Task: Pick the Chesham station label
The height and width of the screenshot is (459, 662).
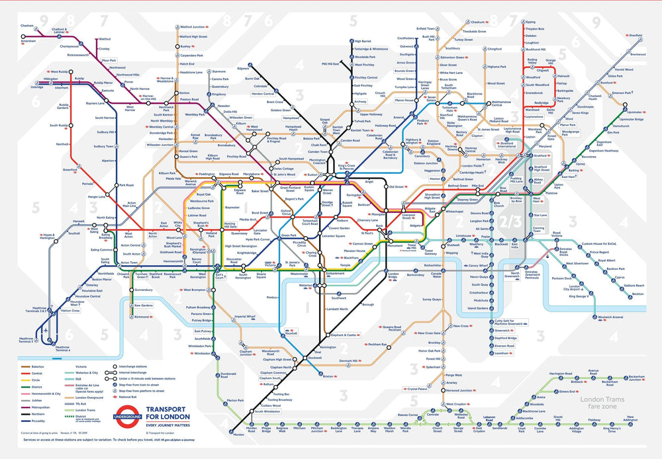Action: coord(26,25)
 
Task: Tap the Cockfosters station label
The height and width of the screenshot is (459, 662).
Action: coord(406,38)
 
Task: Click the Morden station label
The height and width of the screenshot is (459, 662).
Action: coord(239,435)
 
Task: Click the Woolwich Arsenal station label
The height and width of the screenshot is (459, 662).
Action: coord(610,317)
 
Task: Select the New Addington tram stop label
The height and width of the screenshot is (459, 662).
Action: coord(631,421)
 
